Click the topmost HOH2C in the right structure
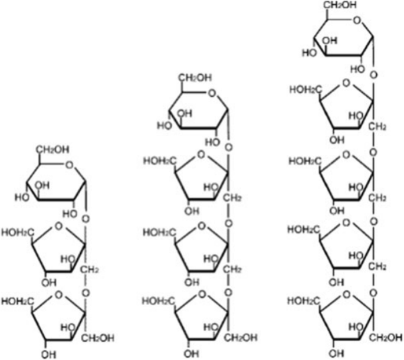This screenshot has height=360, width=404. click(303, 89)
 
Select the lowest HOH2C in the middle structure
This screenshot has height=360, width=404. click(159, 302)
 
